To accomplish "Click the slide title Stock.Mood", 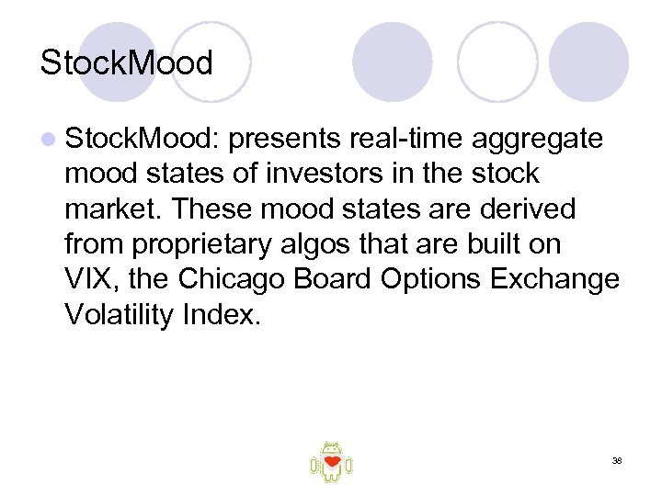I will coord(126,63).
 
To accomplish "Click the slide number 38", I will coord(617,460).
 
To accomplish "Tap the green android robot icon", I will coord(331,461).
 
